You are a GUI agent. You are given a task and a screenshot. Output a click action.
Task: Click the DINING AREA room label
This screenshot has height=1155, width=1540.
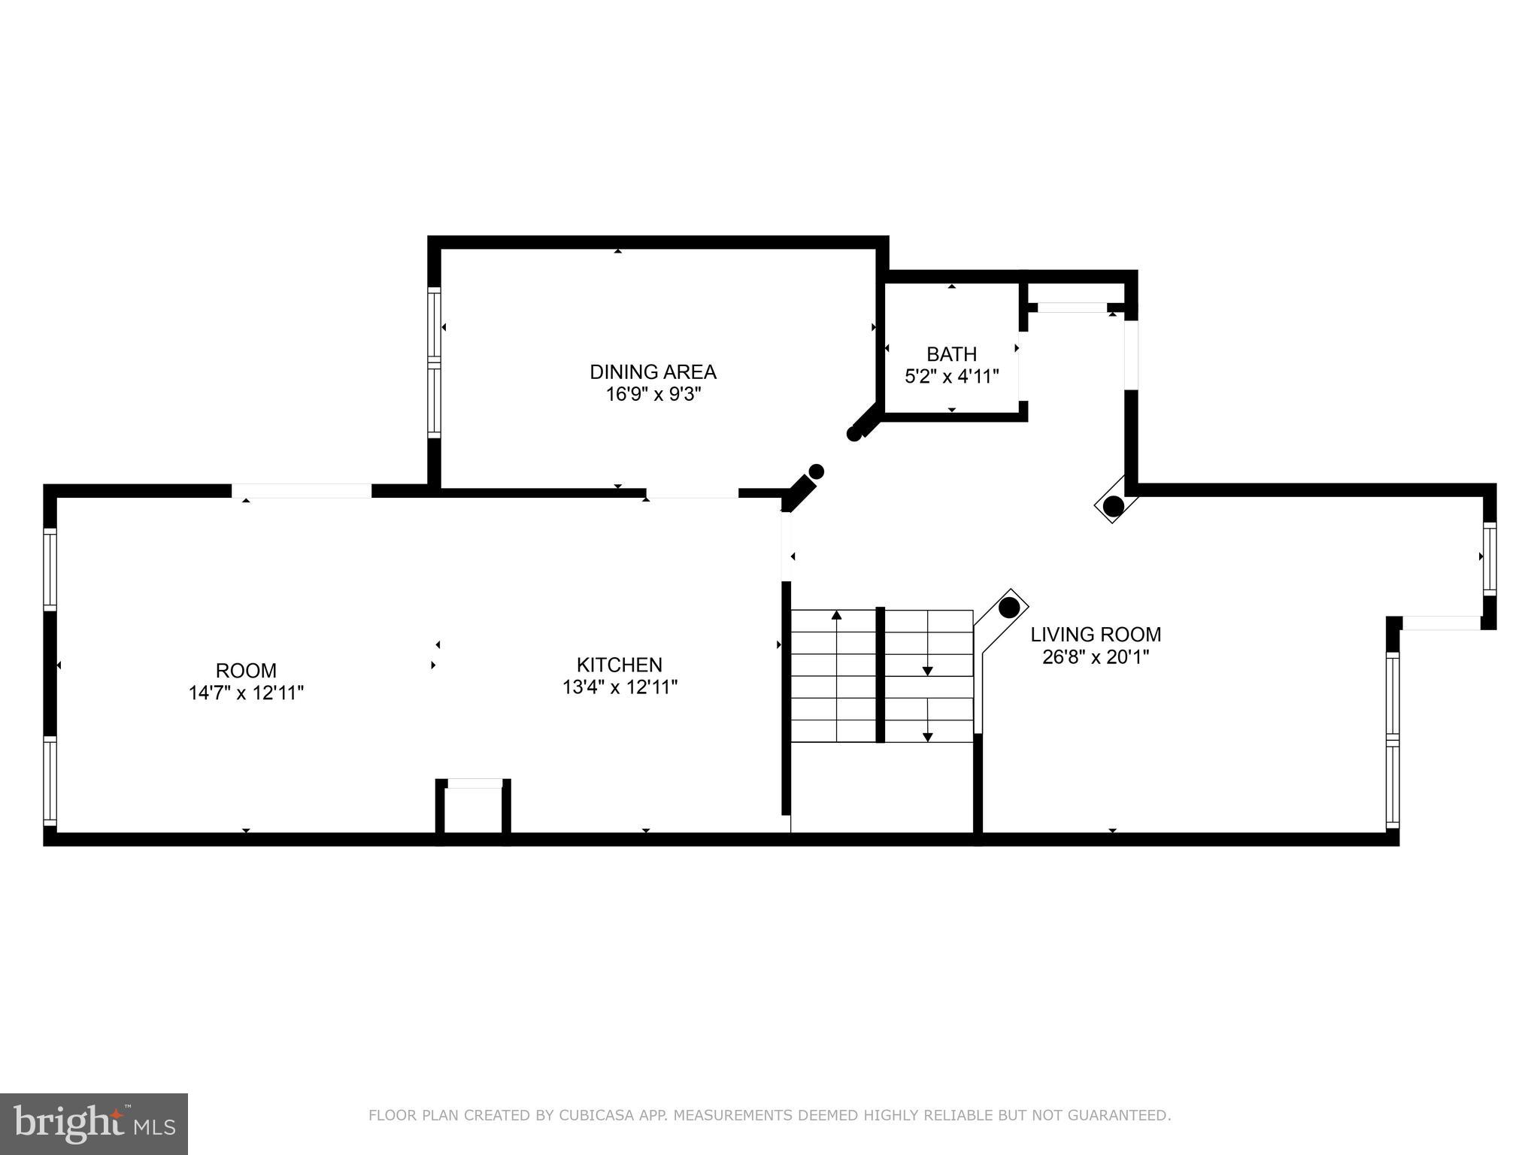653,372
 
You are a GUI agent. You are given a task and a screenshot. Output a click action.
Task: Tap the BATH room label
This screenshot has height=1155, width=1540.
951,354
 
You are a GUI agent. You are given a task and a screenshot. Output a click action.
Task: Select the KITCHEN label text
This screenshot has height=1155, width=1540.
619,665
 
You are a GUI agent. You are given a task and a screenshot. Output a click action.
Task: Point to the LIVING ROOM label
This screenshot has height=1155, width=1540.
1096,635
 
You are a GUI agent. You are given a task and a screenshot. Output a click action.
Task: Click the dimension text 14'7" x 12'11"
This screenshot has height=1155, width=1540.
246,693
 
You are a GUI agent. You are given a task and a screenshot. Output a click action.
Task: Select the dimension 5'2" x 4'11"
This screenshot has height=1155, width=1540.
951,377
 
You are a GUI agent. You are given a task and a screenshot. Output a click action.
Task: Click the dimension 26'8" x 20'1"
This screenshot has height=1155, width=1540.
1096,657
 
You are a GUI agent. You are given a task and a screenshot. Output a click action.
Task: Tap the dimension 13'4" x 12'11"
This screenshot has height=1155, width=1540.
620,687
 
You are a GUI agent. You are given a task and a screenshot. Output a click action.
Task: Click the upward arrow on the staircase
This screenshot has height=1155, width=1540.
836,616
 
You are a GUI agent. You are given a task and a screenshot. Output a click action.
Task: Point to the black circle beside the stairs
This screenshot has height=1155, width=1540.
1009,607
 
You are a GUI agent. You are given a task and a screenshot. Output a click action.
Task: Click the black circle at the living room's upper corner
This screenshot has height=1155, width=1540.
1114,506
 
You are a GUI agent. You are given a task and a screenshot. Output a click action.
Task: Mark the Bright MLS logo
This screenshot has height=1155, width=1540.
94,1124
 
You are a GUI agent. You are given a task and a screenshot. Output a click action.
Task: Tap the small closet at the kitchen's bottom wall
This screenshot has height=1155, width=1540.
474,808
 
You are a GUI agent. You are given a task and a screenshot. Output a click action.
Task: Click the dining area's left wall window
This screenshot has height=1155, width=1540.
434,362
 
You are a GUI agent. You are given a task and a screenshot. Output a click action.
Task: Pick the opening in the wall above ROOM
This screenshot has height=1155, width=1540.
302,491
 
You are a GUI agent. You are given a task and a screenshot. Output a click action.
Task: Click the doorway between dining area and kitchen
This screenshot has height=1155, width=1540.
692,493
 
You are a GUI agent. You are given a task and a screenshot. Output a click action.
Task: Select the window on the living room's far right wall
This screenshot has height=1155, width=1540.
1489,557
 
